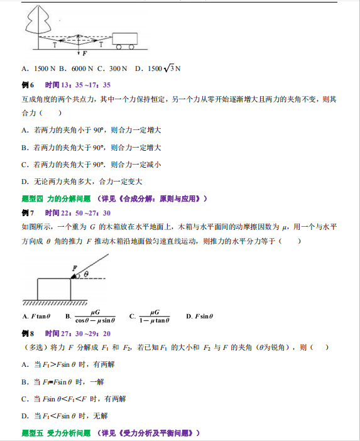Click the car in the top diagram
click(x=124, y=40)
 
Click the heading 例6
click(x=28, y=84)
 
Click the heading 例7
click(x=28, y=213)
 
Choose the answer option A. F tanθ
click(x=37, y=316)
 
